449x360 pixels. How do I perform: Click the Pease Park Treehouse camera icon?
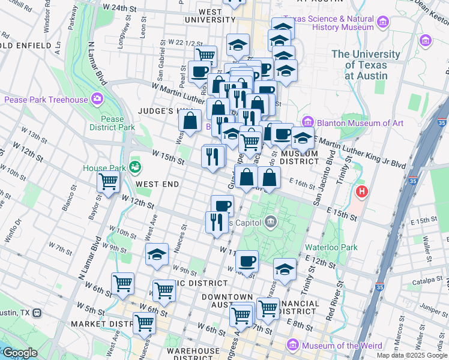(97, 99)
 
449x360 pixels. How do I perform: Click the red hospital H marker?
(362, 192)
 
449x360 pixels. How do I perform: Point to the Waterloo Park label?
(331, 247)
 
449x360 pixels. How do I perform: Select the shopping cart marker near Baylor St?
(108, 181)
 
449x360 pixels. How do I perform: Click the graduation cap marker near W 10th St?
(157, 254)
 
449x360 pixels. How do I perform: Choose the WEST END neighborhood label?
(157, 184)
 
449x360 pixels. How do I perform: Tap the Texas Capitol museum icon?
(271, 222)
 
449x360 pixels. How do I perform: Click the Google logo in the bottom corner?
(19, 353)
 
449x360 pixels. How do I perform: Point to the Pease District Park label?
(112, 123)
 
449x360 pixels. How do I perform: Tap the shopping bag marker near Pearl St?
(190, 121)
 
